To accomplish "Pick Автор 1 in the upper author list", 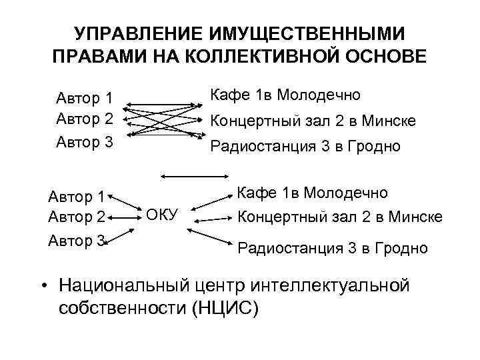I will coord(83,99).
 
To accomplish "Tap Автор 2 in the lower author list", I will coord(77,217).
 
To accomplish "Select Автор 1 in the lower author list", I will coord(77,197).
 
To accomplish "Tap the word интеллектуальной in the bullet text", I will coord(332,285).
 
